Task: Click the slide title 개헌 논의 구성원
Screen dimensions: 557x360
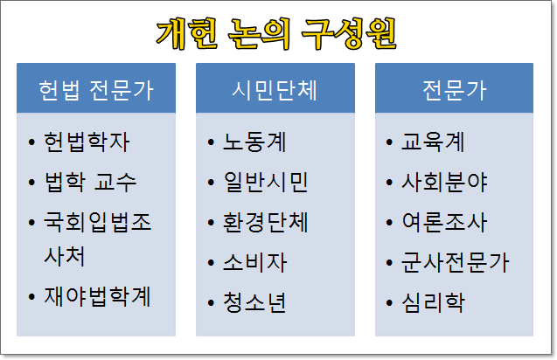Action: click(276, 33)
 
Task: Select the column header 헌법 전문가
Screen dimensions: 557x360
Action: click(96, 90)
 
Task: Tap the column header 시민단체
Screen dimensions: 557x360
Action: click(275, 90)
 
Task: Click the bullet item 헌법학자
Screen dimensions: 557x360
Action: click(87, 142)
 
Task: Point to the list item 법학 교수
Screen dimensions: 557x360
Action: click(91, 182)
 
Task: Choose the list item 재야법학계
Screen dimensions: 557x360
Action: click(97, 296)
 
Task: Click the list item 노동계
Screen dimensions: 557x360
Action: click(254, 142)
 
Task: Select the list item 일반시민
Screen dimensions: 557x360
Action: click(265, 182)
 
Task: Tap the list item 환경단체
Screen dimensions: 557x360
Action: click(265, 222)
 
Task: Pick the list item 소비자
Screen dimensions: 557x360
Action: click(254, 263)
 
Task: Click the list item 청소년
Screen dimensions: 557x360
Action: click(254, 302)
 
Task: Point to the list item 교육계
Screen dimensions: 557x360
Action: click(433, 142)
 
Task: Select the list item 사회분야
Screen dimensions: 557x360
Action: click(444, 182)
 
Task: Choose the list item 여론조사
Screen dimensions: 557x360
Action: click(444, 222)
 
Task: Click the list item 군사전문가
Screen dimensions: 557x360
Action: click(456, 263)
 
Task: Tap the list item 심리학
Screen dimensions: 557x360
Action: click(434, 302)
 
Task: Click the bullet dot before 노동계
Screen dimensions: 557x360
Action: click(211, 142)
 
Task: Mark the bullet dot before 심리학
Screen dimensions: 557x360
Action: click(389, 303)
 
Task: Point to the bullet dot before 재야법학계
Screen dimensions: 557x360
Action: click(31, 296)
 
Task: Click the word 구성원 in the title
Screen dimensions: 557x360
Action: click(350, 33)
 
